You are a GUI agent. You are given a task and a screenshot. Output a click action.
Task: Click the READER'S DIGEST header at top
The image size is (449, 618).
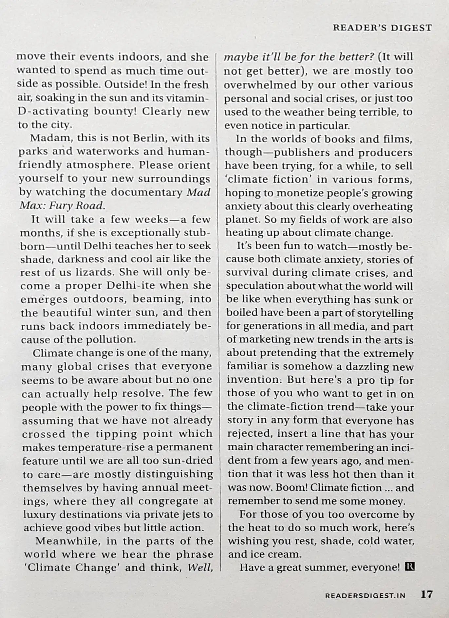(382, 28)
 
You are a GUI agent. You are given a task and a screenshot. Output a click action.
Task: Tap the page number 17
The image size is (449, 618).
(427, 594)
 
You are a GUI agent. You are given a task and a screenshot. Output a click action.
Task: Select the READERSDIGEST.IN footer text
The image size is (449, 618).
(365, 595)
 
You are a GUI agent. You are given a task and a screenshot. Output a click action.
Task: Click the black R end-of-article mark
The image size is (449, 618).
(410, 566)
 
